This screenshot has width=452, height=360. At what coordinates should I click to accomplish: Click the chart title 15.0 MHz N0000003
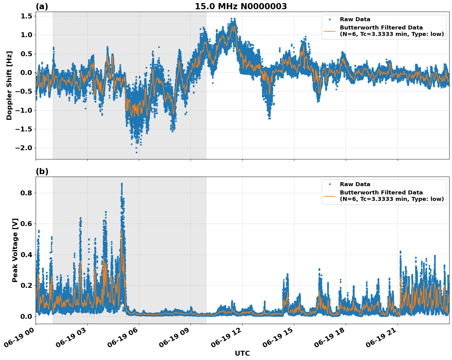coord(241,6)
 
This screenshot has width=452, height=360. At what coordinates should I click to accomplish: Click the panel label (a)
coord(42,6)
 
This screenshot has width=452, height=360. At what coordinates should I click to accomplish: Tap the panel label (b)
coord(42,171)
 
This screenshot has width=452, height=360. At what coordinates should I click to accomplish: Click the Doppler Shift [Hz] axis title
coord(9,85)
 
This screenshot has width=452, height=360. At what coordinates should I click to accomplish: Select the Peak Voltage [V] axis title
coord(15,250)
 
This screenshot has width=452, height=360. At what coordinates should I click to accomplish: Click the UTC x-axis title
coord(242,353)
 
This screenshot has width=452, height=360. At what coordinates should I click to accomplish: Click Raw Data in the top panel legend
coord(355,19)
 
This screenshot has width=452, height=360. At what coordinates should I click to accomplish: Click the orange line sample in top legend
coord(330,31)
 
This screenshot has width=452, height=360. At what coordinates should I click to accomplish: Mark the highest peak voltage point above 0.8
coord(122,184)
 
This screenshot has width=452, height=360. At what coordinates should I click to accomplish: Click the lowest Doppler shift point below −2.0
coord(137,152)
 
